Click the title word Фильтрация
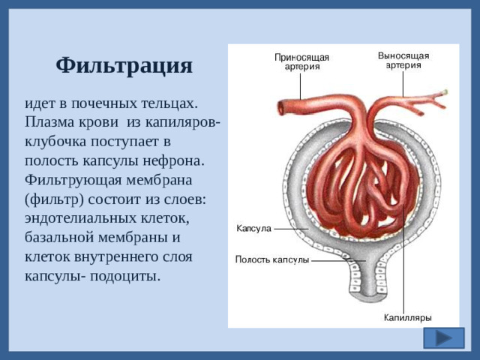124,65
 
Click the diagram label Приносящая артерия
301,61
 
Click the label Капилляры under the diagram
407,317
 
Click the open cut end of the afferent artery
280,107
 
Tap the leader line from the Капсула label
291,227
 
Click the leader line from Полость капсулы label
337,260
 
